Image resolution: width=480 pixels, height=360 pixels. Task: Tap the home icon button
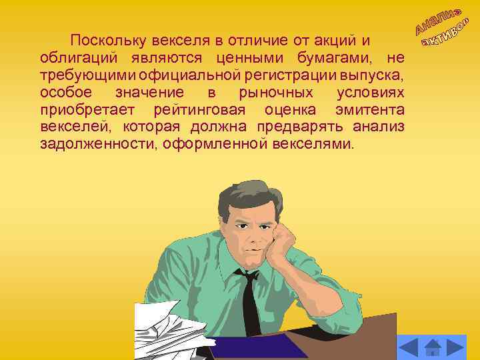433,347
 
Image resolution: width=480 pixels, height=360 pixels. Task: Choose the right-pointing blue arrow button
455,347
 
